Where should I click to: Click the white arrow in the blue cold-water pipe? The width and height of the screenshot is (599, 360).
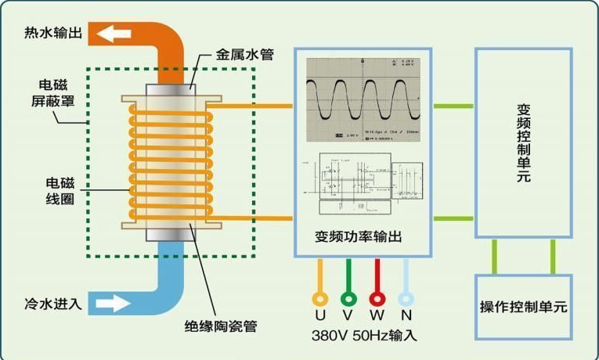[x=111, y=303]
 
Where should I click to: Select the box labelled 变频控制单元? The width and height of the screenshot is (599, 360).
[x=523, y=143]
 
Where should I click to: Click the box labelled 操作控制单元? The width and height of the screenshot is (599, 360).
[x=523, y=307]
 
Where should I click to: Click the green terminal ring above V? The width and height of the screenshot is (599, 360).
[x=348, y=298]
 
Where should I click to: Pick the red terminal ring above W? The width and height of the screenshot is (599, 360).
[x=377, y=298]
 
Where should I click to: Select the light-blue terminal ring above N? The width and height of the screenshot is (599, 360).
[x=405, y=298]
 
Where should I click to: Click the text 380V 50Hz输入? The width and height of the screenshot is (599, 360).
[x=363, y=336]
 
